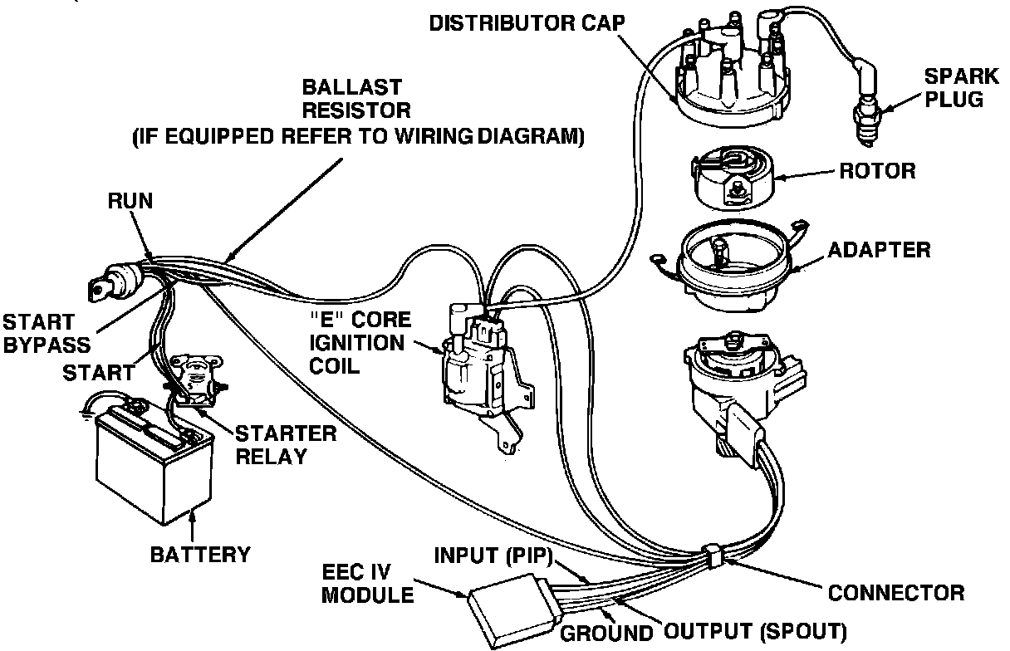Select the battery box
pyautogui.click(x=150, y=464)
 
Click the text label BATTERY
pyautogui.click(x=200, y=554)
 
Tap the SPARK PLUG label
pyautogui.click(x=961, y=88)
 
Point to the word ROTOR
pyautogui.click(x=877, y=172)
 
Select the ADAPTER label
pyautogui.click(x=879, y=249)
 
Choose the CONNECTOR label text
pyautogui.click(x=896, y=593)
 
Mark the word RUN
pyautogui.click(x=130, y=201)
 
